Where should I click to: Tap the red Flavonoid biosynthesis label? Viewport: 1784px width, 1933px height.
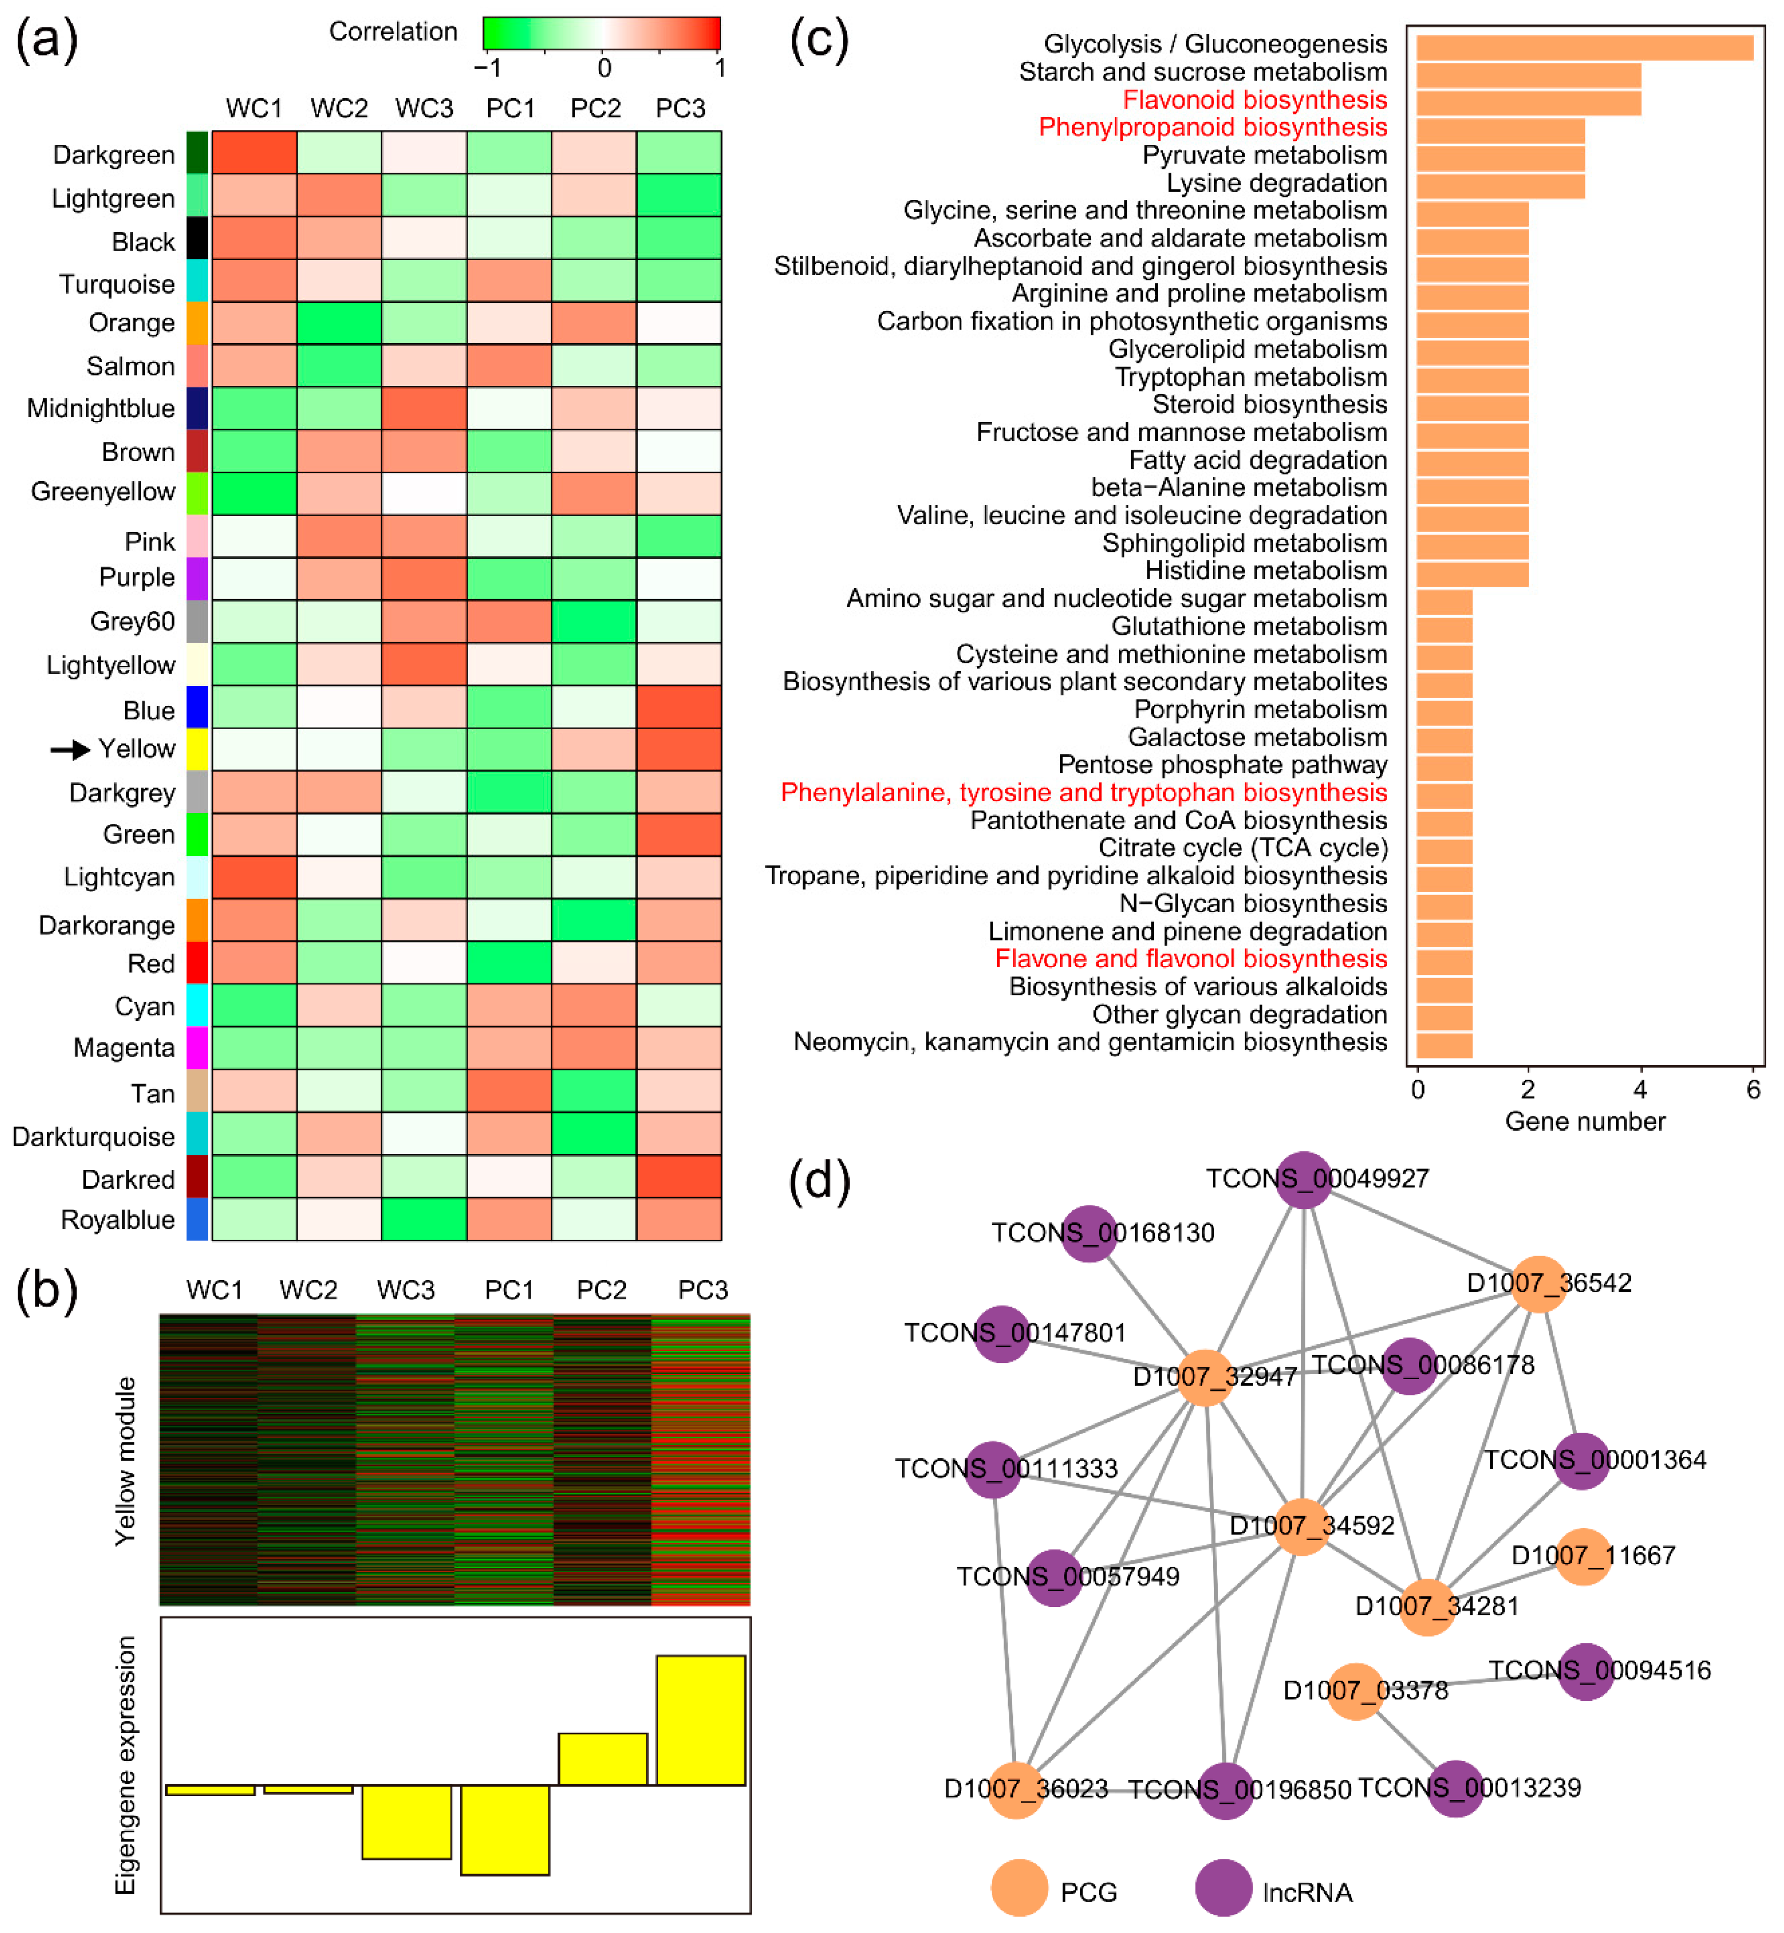(x=1254, y=99)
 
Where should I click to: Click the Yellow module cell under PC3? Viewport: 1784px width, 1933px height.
(x=679, y=749)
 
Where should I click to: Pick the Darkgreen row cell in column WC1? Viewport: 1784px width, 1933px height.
(x=254, y=153)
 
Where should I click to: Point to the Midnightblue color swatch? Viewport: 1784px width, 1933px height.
(x=197, y=408)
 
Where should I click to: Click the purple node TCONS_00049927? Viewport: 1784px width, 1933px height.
(x=1303, y=1179)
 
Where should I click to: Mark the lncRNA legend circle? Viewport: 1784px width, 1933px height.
(x=1223, y=1888)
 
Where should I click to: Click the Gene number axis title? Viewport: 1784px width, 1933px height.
(x=1584, y=1121)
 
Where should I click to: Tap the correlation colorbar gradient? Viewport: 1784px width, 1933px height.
(x=601, y=33)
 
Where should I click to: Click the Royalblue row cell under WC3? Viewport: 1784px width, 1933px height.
(x=424, y=1219)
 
